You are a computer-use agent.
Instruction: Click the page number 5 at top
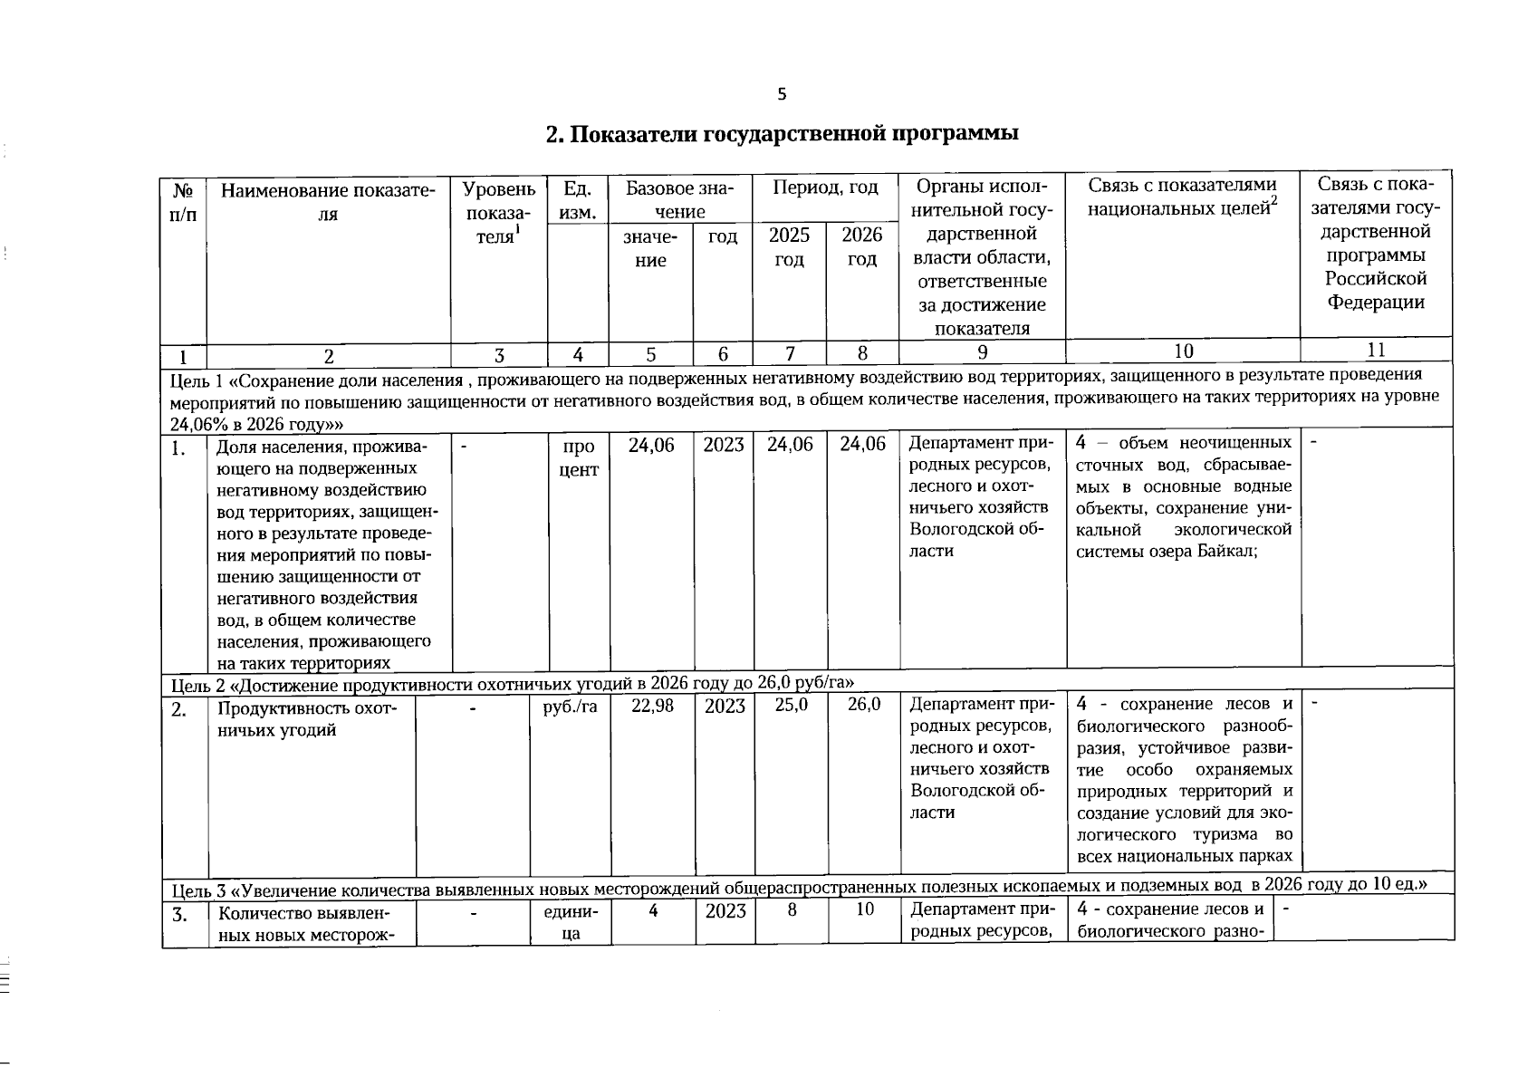[x=782, y=94]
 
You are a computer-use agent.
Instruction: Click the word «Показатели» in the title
[x=633, y=134]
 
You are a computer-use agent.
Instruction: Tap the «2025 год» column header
[x=789, y=247]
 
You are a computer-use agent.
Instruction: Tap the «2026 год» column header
[x=861, y=247]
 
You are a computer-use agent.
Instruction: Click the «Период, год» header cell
[x=824, y=188]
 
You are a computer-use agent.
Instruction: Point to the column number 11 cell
[x=1375, y=350]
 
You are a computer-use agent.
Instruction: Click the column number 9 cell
[x=982, y=352]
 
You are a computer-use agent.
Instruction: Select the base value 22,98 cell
[x=652, y=707]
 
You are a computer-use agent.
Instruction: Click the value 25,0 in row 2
[x=791, y=705]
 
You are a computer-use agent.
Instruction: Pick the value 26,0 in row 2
[x=864, y=705]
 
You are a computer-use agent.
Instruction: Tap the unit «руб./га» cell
[x=570, y=707]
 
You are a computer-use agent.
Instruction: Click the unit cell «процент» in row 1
[x=578, y=458]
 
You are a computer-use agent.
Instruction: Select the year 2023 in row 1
[x=723, y=445]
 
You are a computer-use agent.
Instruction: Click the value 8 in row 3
[x=791, y=909]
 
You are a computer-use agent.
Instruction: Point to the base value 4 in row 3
[x=652, y=909]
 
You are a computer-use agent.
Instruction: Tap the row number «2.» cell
[x=180, y=709]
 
